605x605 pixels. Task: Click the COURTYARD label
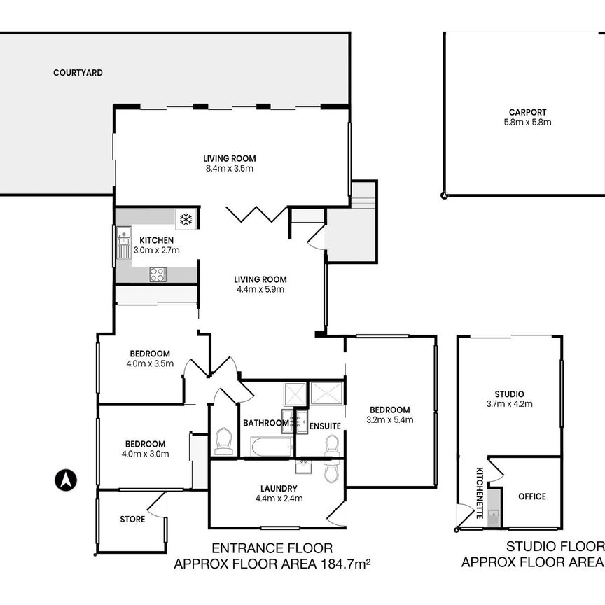pyautogui.click(x=78, y=72)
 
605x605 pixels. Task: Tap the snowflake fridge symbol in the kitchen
pyautogui.click(x=186, y=220)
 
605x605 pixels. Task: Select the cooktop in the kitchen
pyautogui.click(x=157, y=274)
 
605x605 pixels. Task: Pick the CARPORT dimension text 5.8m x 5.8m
pyautogui.click(x=527, y=122)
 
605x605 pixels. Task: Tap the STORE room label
pyautogui.click(x=132, y=520)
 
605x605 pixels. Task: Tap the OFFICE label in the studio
pyautogui.click(x=531, y=496)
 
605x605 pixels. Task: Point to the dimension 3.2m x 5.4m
pyautogui.click(x=389, y=420)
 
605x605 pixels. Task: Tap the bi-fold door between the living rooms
pyautogui.click(x=257, y=213)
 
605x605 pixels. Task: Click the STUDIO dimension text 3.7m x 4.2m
pyautogui.click(x=518, y=403)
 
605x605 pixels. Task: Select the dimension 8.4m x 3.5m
pyautogui.click(x=228, y=168)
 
